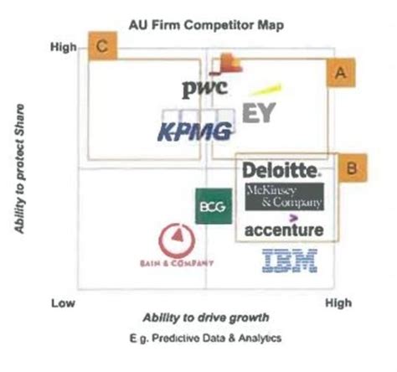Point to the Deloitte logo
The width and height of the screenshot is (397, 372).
[281, 171]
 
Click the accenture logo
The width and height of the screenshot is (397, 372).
[284, 229]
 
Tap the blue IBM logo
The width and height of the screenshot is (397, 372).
[290, 262]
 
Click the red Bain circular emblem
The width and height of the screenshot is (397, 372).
[178, 241]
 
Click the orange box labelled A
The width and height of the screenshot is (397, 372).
[339, 74]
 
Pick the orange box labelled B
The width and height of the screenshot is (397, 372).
[353, 168]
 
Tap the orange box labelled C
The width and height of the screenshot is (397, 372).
[101, 48]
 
